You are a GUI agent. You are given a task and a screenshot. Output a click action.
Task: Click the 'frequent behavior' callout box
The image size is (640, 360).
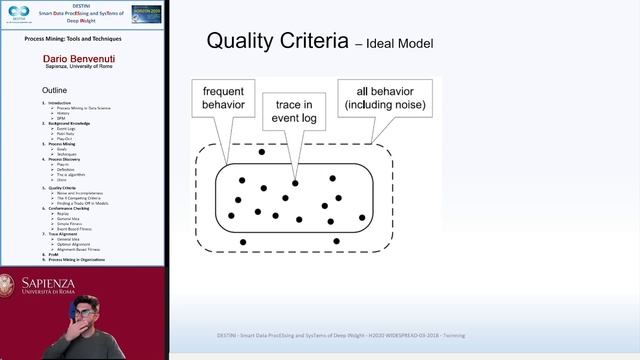(223, 98)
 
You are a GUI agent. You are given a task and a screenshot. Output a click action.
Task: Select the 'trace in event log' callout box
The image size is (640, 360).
(294, 115)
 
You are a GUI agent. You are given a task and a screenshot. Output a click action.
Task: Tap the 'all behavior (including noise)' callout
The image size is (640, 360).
(385, 98)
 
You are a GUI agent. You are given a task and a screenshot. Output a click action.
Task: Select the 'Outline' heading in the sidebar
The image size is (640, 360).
(54, 90)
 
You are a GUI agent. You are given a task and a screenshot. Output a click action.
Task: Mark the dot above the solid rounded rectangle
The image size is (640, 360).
(262, 152)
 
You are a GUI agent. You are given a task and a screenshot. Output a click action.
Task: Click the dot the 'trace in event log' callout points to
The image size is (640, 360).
(295, 183)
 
